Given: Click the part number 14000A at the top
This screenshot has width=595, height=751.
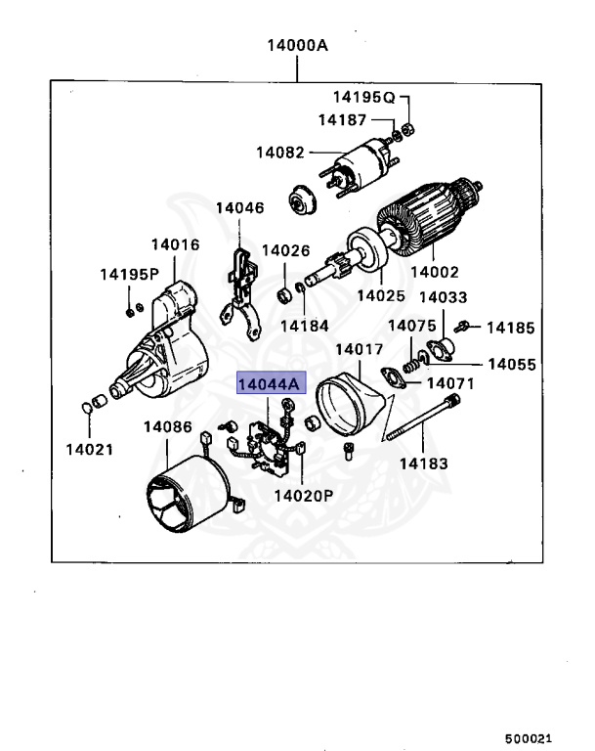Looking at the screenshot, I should click(298, 46).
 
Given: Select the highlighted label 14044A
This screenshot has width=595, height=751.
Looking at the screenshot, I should click(271, 384).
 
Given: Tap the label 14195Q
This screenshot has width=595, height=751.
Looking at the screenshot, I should click(362, 97).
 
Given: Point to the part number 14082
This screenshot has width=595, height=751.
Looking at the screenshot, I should click(281, 153).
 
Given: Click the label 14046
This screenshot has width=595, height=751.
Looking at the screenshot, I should click(240, 208).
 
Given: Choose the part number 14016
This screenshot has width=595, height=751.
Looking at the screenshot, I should click(175, 245).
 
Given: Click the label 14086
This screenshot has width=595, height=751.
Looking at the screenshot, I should click(168, 426).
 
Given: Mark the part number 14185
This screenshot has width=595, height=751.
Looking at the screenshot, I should click(511, 328).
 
